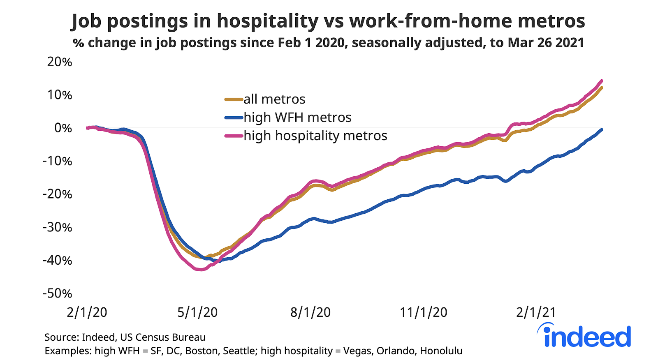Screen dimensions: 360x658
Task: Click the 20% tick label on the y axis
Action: (60, 62)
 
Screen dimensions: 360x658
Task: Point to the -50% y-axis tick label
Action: (58, 293)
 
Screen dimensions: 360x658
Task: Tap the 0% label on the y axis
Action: (63, 128)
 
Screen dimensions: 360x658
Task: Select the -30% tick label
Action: (58, 227)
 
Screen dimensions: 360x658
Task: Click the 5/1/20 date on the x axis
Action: (197, 312)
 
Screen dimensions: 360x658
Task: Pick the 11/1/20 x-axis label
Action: (424, 312)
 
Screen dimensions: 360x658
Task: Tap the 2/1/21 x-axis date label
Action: (536, 312)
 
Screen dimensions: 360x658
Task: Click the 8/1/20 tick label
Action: (310, 312)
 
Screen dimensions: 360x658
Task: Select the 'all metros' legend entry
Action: (274, 99)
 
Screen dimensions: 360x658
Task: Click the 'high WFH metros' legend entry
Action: (297, 118)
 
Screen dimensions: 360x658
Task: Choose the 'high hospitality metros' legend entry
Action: (315, 136)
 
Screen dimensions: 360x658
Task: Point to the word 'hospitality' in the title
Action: (268, 21)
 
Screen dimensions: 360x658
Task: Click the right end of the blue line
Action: (602, 129)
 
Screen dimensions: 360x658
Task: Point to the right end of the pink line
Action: (602, 81)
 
